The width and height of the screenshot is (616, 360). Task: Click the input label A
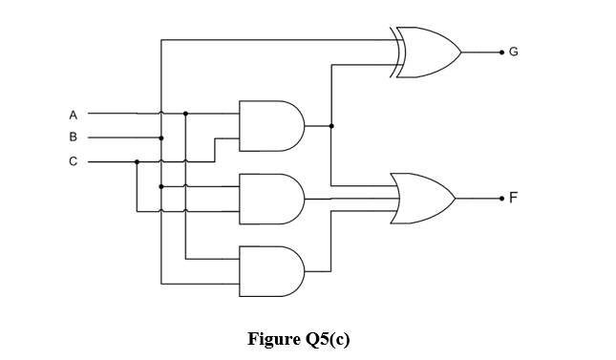(74, 114)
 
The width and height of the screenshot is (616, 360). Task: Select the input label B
(74, 138)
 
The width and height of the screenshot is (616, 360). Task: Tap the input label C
(74, 161)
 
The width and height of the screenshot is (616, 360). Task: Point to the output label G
(513, 52)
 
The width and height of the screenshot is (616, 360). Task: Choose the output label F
(513, 199)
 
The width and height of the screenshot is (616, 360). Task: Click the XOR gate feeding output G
(427, 52)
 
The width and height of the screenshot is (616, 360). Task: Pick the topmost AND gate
(271, 126)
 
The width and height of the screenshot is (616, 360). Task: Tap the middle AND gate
(271, 199)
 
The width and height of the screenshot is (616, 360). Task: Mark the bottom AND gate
(271, 271)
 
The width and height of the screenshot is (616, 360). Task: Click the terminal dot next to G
(498, 52)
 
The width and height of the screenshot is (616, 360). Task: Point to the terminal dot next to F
(498, 199)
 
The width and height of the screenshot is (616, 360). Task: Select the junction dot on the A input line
(185, 114)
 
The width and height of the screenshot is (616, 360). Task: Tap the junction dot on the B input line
(161, 138)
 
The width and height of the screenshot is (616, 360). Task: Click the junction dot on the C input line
(138, 161)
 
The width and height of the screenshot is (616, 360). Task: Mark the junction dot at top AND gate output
(331, 126)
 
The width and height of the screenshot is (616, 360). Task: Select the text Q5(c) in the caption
(327, 340)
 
